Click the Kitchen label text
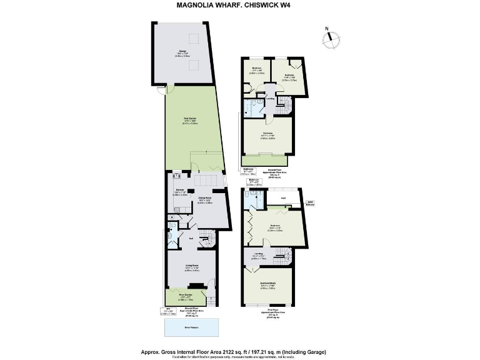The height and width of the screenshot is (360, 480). coord(179,189)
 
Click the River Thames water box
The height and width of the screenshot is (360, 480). coord(192,326)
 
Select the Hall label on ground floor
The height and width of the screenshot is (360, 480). coord(190,238)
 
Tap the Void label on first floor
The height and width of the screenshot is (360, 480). coord(282,199)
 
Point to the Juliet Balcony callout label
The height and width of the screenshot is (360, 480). coord(311,202)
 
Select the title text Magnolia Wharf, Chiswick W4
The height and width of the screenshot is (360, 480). coord(239,5)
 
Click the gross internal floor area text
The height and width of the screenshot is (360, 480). coord(239,352)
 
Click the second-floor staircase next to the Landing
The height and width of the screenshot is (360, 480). coord(284,103)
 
